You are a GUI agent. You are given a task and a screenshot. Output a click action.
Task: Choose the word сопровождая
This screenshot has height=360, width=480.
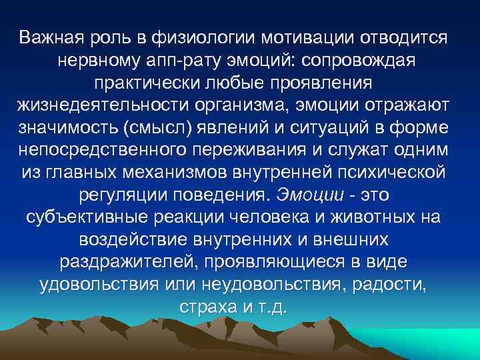(359, 61)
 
